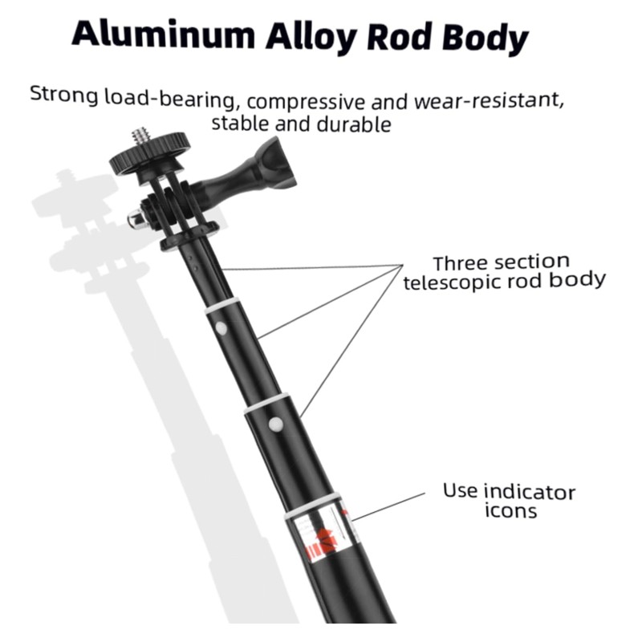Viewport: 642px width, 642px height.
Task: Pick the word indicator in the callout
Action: point(530,491)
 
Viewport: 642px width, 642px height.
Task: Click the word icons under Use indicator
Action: point(510,511)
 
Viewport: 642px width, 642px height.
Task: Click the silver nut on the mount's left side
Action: point(136,218)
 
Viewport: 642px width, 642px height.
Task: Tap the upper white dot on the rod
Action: point(219,327)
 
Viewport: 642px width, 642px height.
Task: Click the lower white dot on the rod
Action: point(275,422)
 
